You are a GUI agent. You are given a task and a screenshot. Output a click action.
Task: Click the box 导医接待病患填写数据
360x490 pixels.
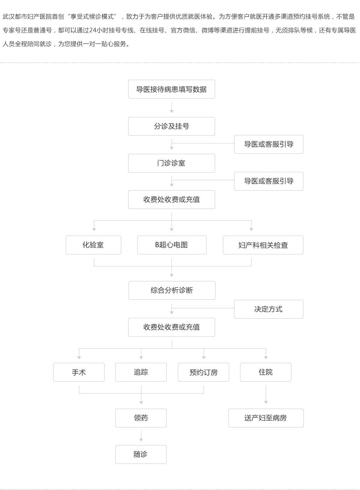[x=171, y=89]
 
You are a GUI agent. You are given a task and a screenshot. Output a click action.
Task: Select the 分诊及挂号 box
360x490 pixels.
[x=171, y=126]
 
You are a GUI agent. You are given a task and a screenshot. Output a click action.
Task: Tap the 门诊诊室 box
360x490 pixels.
[x=171, y=163]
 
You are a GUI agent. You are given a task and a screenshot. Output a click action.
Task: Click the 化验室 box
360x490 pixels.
[x=93, y=245]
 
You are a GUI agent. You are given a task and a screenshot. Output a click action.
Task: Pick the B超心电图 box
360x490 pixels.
[x=172, y=245]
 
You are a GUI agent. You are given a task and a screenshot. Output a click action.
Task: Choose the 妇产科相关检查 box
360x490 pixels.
[x=263, y=245]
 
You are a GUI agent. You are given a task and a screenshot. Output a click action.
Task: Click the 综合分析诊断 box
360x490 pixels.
[x=172, y=290]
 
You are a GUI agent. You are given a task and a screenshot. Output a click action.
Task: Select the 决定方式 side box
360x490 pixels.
[x=269, y=309]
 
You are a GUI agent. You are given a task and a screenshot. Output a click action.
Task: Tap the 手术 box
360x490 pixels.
[x=79, y=372]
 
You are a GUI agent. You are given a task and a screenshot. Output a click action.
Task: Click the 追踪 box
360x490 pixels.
[x=141, y=372]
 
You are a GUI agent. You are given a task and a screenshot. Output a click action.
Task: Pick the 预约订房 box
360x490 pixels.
[x=203, y=372]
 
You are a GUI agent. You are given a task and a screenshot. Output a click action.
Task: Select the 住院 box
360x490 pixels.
[x=266, y=372]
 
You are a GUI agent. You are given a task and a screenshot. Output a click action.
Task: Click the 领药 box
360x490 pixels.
[x=141, y=418]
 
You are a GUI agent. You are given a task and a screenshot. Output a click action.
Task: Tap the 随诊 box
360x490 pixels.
[x=141, y=454]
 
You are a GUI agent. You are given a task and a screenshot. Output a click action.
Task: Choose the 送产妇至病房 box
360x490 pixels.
[x=266, y=418]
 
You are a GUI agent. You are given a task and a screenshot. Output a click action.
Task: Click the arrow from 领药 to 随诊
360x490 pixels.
[x=141, y=436]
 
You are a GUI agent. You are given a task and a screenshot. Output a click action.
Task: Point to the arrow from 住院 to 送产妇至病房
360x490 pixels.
[x=266, y=394]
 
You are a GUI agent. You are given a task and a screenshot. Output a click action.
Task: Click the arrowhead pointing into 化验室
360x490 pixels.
[x=94, y=230]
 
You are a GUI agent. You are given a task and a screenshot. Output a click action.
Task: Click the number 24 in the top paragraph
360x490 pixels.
[x=92, y=30]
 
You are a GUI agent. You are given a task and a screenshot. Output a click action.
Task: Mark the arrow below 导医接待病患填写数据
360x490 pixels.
[x=171, y=108]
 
